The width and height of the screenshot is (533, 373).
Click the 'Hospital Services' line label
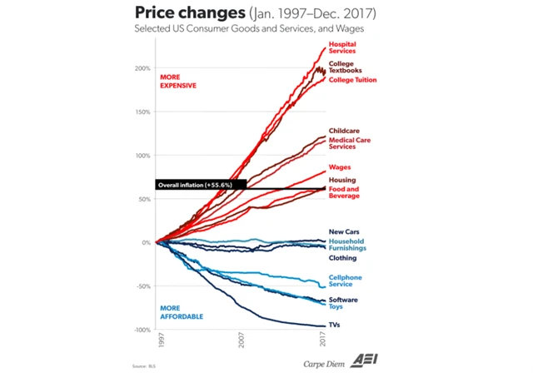click(x=342, y=47)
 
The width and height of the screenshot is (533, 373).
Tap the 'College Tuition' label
click(x=352, y=80)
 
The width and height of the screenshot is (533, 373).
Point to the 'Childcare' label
click(x=343, y=131)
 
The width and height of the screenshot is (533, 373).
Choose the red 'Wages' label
click(x=339, y=167)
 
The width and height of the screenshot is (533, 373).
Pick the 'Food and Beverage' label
click(x=344, y=192)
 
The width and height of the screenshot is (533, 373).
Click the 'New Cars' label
click(x=342, y=231)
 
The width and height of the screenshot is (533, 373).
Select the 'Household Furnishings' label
click(x=348, y=245)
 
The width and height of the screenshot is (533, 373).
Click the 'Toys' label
click(x=336, y=306)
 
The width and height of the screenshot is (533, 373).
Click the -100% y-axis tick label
click(x=141, y=330)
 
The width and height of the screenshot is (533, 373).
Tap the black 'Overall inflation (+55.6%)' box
click(x=200, y=185)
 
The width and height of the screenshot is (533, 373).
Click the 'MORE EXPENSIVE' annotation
click(x=177, y=82)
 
